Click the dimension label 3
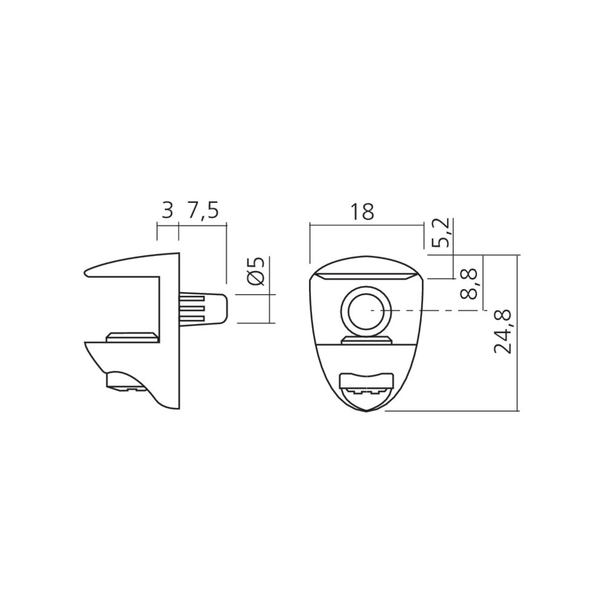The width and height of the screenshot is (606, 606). pyautogui.click(x=167, y=211)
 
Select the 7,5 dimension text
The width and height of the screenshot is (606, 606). pyautogui.click(x=203, y=211)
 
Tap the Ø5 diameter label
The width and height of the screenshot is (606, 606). pyautogui.click(x=256, y=271)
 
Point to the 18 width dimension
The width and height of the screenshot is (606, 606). pyautogui.click(x=362, y=211)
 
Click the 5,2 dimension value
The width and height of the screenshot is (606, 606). pyautogui.click(x=440, y=233)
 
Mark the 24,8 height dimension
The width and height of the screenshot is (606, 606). pyautogui.click(x=503, y=331)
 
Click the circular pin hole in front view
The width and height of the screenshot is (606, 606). pyautogui.click(x=365, y=311)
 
